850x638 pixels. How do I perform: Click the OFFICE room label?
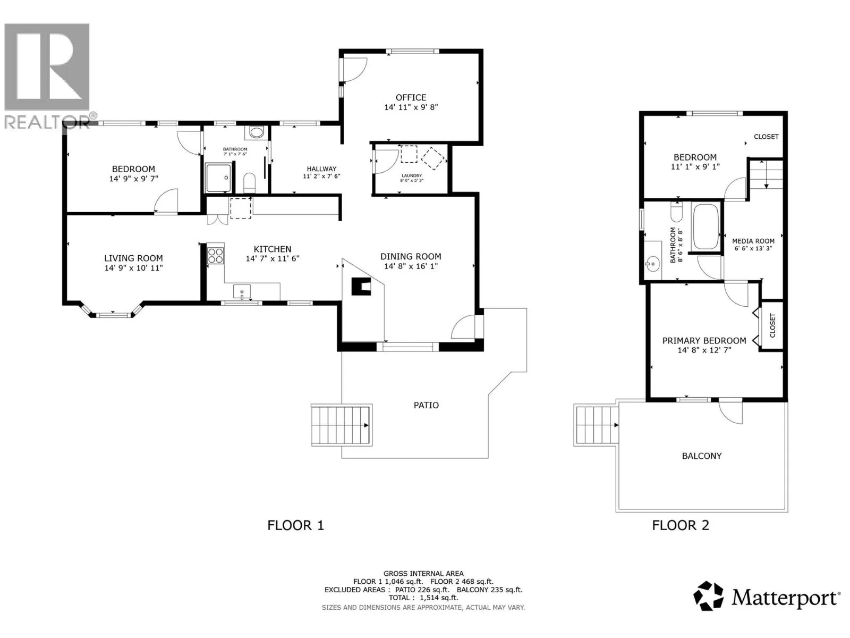coord(411,98)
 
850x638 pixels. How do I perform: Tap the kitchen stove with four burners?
coord(215,256)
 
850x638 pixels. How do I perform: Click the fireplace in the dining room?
coord(361,286)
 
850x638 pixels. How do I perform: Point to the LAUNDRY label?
coord(411,175)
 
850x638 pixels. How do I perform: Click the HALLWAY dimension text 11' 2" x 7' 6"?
coord(321,177)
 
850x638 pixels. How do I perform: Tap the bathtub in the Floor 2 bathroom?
coord(705,227)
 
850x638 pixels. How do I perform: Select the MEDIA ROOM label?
coord(753,241)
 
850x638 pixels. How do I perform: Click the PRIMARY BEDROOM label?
coord(704,340)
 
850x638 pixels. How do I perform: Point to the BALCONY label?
coord(702,456)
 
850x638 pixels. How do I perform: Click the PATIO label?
coord(426,405)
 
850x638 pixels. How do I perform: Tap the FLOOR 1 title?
coord(295,525)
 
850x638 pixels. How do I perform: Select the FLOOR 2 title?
coord(681,525)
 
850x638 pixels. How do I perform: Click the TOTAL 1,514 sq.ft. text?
coord(423,598)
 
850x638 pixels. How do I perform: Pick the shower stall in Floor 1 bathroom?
coord(219,178)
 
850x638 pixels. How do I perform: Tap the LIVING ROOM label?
coord(133,258)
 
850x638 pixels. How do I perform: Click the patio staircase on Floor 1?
coord(341,425)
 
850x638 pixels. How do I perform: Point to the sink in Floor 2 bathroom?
coord(652,265)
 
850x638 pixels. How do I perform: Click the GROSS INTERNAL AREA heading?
coord(423,574)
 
